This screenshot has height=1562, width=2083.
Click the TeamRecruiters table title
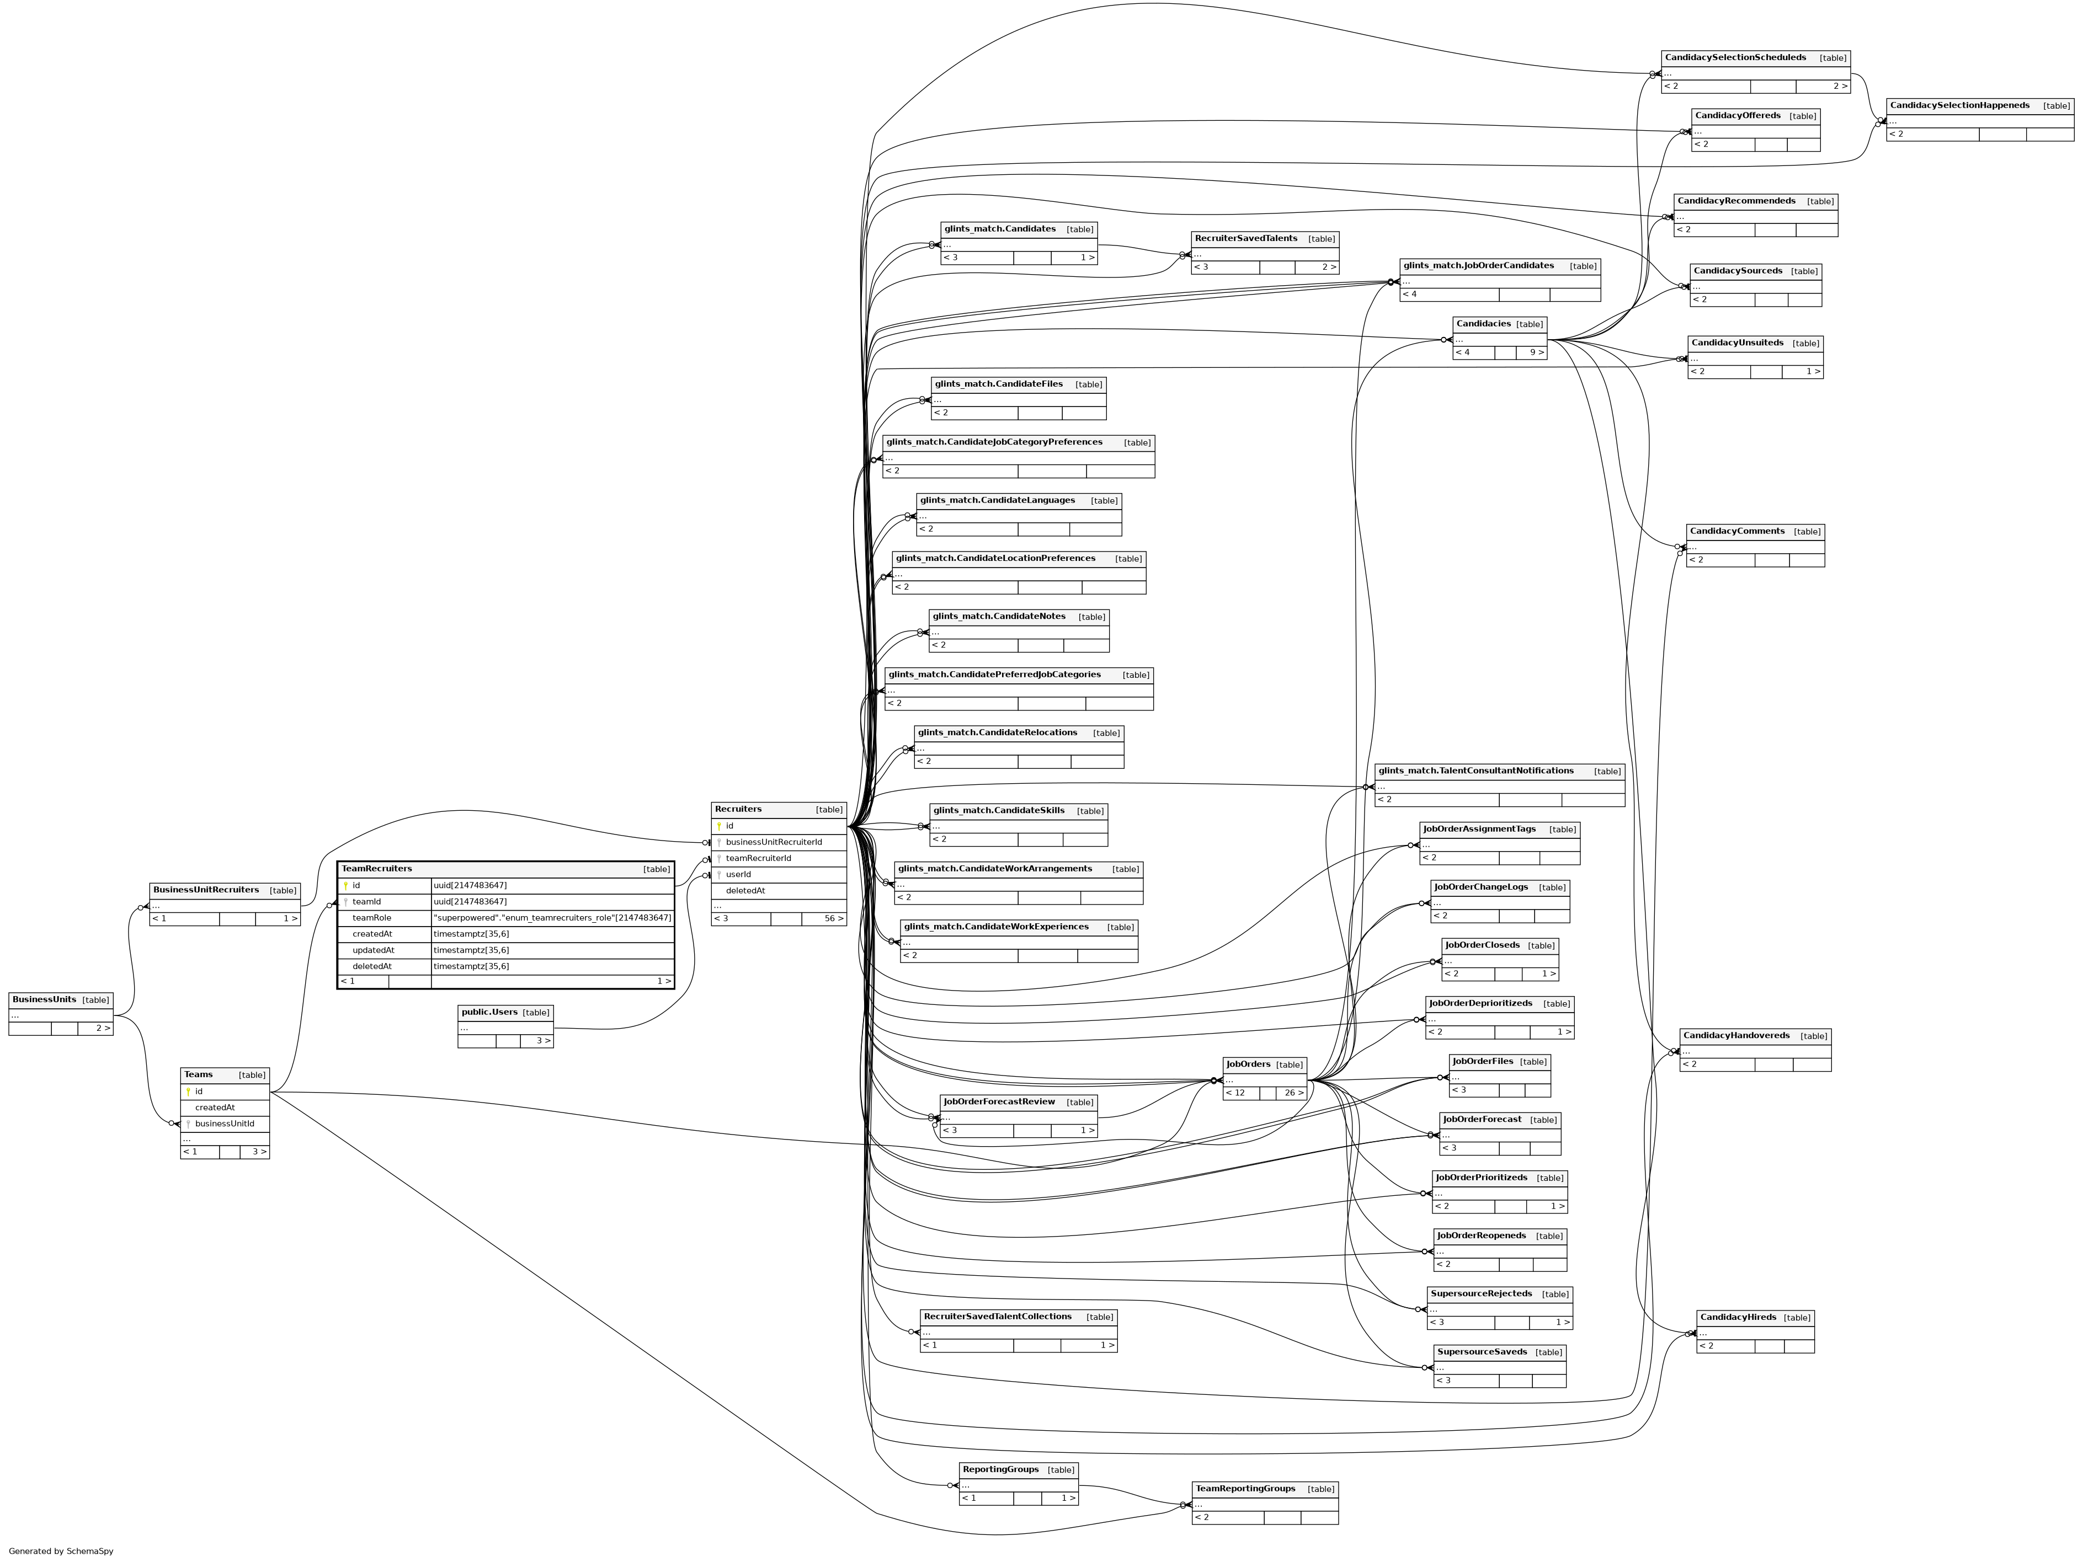point(377,869)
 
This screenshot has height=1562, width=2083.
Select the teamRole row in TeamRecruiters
point(372,918)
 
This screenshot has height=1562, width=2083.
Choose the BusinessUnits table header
point(44,1000)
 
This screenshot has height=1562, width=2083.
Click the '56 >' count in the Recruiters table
point(833,919)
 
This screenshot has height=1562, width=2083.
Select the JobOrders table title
point(1248,1065)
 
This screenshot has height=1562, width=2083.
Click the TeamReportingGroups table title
point(1245,1489)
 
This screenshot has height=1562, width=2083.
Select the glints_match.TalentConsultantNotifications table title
point(1475,771)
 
